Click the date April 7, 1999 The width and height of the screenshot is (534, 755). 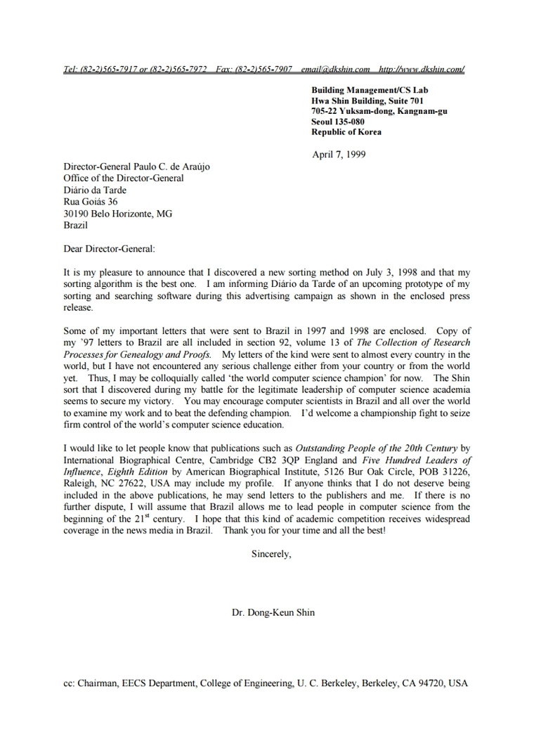pyautogui.click(x=339, y=155)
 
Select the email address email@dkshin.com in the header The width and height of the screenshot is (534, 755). pyautogui.click(x=335, y=69)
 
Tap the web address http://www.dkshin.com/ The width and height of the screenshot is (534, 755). pyautogui.click(x=422, y=69)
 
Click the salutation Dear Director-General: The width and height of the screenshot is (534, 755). pyautogui.click(x=109, y=248)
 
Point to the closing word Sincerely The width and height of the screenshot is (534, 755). pyautogui.click(x=271, y=554)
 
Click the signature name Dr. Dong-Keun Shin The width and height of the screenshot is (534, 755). pyautogui.click(x=273, y=612)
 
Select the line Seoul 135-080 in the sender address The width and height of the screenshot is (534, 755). pyautogui.click(x=338, y=122)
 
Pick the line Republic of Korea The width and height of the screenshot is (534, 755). pyautogui.click(x=346, y=132)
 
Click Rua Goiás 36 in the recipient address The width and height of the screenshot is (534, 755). pyautogui.click(x=91, y=202)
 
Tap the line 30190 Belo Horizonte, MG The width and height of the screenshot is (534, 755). pyautogui.click(x=117, y=214)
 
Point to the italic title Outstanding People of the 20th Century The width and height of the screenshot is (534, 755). pyautogui.click(x=377, y=448)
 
